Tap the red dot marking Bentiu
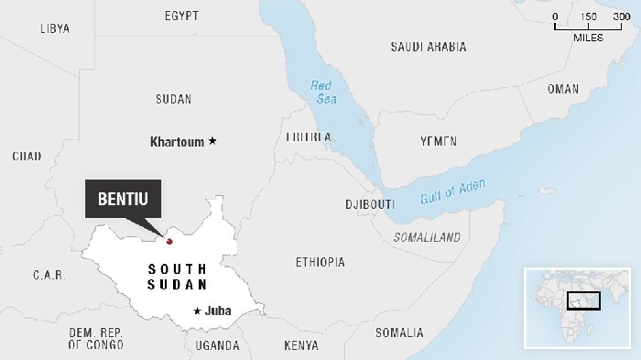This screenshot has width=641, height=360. pyautogui.click(x=168, y=241)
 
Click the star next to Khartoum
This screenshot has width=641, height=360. pyautogui.click(x=212, y=141)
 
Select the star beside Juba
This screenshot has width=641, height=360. pyautogui.click(x=197, y=311)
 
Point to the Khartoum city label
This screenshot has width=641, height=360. pyautogui.click(x=178, y=142)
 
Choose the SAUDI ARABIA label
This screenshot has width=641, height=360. pyautogui.click(x=428, y=47)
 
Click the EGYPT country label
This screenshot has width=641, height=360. pyautogui.click(x=182, y=16)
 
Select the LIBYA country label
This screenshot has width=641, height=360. pyautogui.click(x=55, y=28)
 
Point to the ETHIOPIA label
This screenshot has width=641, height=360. pyautogui.click(x=320, y=263)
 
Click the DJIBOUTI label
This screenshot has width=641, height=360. pyautogui.click(x=370, y=203)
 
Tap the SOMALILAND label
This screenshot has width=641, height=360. pyautogui.click(x=427, y=237)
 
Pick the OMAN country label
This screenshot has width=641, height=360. pyautogui.click(x=562, y=89)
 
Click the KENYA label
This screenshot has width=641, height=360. pyautogui.click(x=301, y=345)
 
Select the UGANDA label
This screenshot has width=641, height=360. pyautogui.click(x=217, y=345)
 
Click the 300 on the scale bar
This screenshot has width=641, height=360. pyautogui.click(x=621, y=16)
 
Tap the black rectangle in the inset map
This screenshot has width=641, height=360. pyautogui.click(x=582, y=300)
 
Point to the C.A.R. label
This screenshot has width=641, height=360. pyautogui.click(x=47, y=275)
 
